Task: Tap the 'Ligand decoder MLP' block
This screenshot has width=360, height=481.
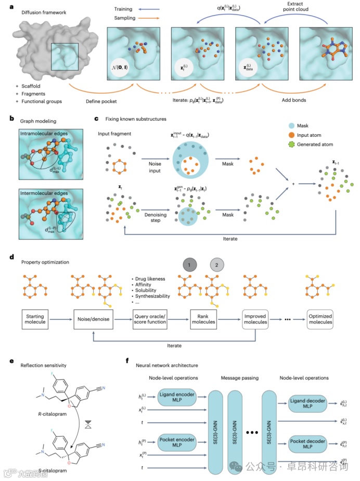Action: (x=309, y=401)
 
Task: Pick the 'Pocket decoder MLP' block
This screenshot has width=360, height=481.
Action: (x=309, y=442)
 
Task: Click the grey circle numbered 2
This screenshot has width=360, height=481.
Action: (x=217, y=264)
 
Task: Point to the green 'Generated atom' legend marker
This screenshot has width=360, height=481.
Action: (x=292, y=144)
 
